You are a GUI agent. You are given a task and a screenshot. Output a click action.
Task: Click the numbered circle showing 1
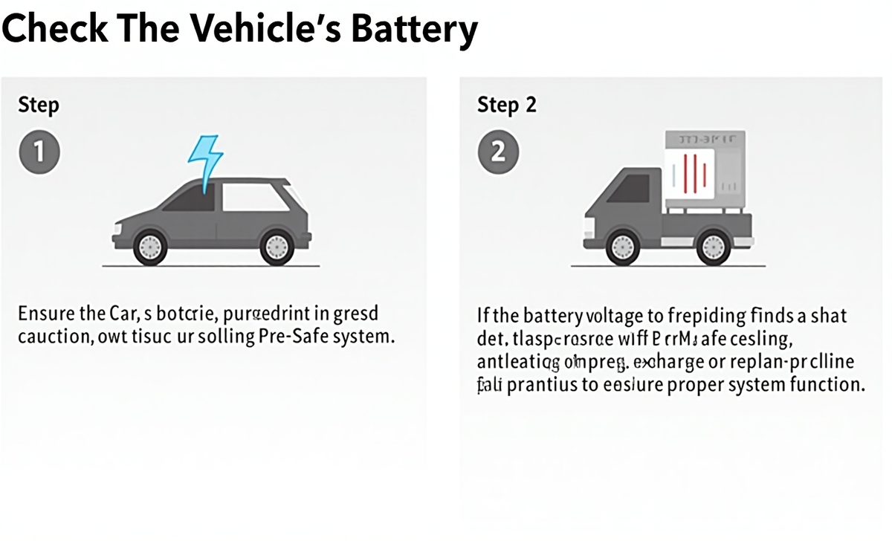38,152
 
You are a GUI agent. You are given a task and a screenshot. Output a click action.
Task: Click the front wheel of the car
150,245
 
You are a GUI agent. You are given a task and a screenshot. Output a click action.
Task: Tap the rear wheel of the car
277,245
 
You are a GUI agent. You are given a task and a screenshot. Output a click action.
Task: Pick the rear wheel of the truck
714,245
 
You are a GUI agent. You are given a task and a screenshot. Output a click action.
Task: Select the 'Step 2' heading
506,105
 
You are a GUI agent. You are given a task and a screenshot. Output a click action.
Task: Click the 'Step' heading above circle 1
38,105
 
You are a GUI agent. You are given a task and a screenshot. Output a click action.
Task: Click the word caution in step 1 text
53,336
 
